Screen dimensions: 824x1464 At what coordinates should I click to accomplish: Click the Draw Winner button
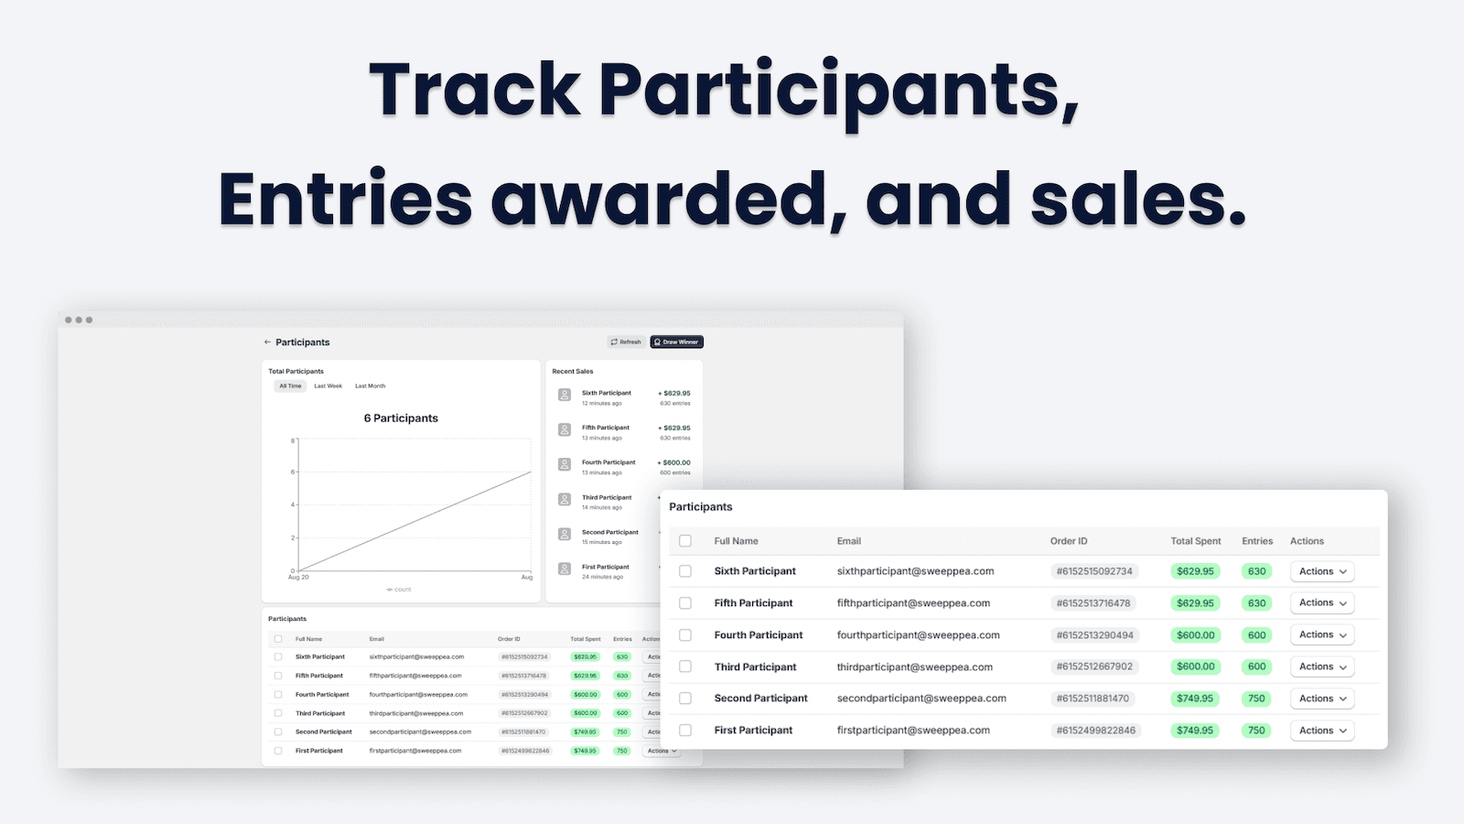677,342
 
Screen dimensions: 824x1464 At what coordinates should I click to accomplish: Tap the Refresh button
626,342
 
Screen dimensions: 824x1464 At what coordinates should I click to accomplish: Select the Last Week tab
328,386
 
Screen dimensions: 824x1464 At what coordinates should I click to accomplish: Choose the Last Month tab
370,386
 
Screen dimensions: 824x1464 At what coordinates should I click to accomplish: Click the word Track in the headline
475,90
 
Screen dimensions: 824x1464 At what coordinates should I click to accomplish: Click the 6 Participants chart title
401,418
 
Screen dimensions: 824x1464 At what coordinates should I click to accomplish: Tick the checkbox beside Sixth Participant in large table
685,571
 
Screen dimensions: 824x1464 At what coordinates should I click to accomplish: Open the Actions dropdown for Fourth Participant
1322,635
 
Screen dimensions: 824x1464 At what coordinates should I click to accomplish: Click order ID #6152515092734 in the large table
1094,571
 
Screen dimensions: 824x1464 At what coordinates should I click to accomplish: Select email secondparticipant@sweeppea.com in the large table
921,699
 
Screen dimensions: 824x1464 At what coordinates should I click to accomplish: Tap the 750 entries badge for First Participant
1256,731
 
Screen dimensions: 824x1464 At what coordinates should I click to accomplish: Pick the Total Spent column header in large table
1195,541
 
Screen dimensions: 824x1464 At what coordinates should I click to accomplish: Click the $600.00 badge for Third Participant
1195,667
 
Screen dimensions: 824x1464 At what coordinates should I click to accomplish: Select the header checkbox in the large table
685,541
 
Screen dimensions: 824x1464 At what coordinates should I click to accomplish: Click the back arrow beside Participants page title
267,342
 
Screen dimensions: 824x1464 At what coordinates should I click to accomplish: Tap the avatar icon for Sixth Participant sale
565,396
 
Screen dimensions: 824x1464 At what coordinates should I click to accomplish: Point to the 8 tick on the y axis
294,440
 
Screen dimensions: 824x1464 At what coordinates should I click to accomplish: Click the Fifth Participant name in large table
753,603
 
